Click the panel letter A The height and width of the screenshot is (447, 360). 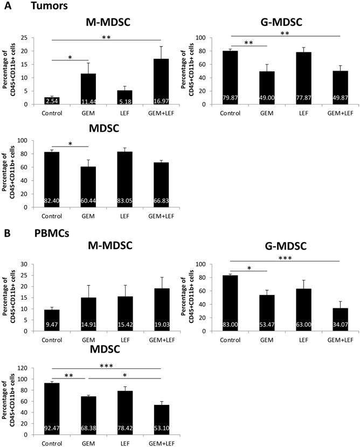[x=6, y=5]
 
